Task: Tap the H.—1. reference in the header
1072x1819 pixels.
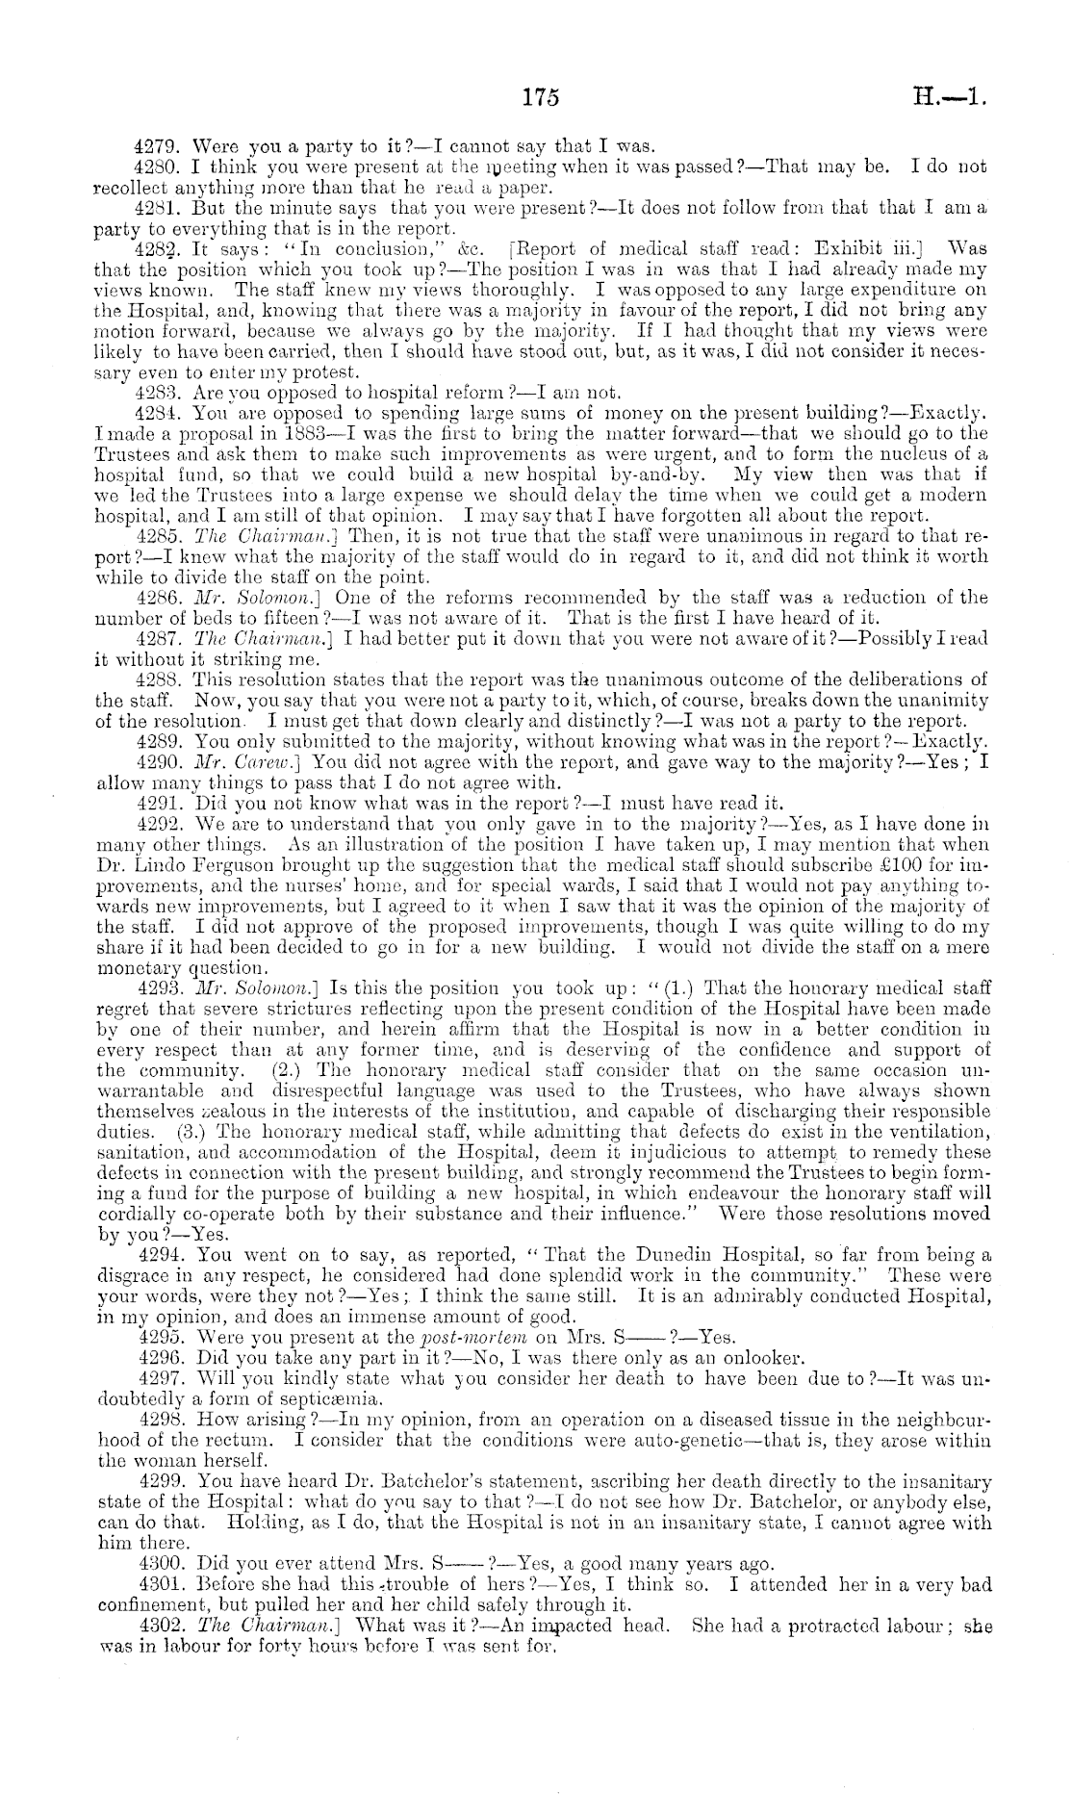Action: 953,97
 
